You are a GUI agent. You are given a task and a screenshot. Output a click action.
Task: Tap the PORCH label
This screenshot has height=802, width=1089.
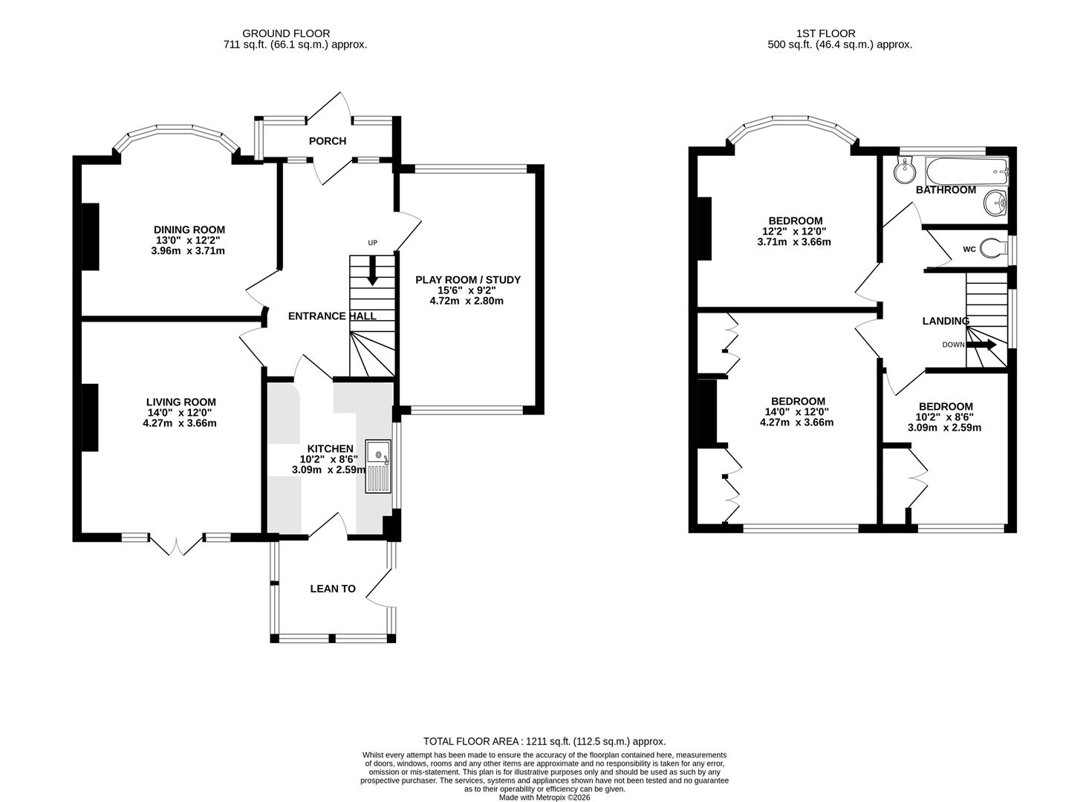pyautogui.click(x=328, y=141)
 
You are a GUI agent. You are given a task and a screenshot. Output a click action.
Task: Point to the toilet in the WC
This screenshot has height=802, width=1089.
pyautogui.click(x=991, y=249)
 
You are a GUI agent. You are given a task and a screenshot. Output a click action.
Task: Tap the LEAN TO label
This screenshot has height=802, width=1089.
pyautogui.click(x=333, y=589)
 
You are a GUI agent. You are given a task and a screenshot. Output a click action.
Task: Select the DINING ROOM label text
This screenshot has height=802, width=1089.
pyautogui.click(x=189, y=230)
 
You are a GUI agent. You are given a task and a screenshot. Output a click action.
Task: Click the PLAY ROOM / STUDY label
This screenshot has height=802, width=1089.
pyautogui.click(x=467, y=280)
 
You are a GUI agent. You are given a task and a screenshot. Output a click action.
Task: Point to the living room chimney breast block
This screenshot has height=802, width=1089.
pyautogui.click(x=90, y=417)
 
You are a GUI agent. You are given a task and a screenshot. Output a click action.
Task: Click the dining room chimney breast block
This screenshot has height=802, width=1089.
pyautogui.click(x=90, y=236)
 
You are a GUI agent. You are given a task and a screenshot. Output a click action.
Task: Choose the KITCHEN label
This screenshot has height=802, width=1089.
pyautogui.click(x=331, y=449)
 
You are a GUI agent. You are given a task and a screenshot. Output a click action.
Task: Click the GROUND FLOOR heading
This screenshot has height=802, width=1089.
pyautogui.click(x=286, y=33)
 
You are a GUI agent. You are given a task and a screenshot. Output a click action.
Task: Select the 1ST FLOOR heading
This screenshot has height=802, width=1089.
pyautogui.click(x=825, y=33)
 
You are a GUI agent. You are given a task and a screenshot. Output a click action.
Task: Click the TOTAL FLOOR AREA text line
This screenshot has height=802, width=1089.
pyautogui.click(x=544, y=741)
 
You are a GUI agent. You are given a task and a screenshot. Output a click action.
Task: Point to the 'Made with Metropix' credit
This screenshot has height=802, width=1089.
pyautogui.click(x=544, y=798)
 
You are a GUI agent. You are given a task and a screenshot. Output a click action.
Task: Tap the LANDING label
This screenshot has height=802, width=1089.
pyautogui.click(x=945, y=321)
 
